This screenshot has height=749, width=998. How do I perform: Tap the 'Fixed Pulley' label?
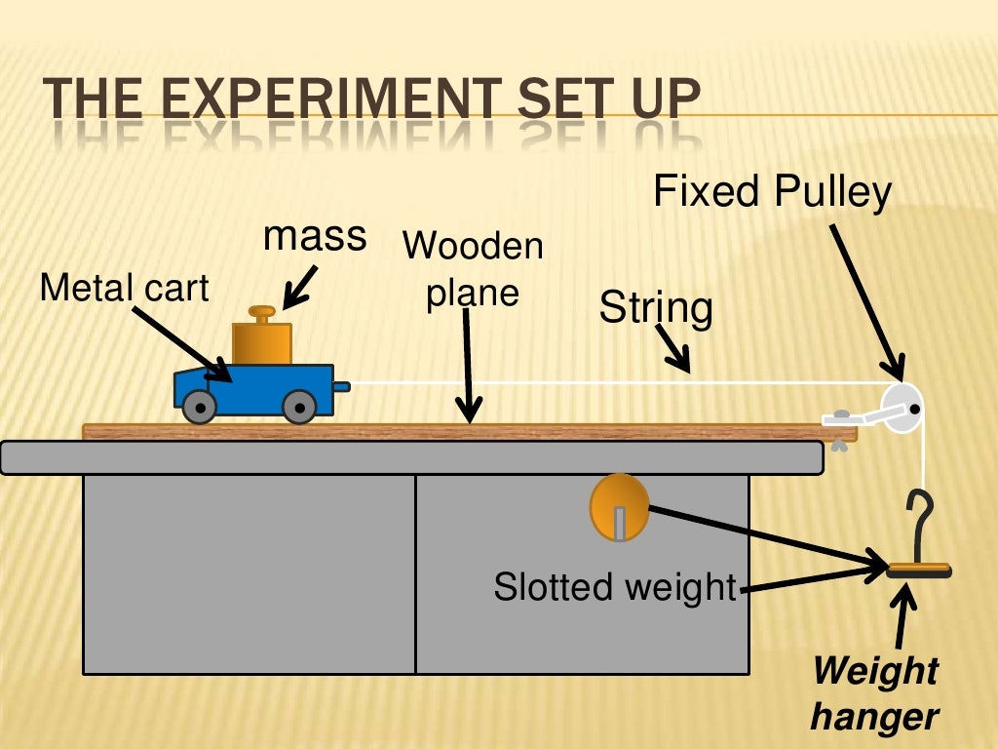click(772, 192)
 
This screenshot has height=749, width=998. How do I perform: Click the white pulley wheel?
click(902, 408)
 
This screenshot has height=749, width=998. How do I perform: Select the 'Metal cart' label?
click(124, 288)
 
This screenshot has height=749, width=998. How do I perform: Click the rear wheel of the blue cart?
click(200, 407)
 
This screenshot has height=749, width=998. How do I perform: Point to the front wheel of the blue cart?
click(299, 407)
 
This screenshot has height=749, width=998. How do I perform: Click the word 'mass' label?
click(315, 236)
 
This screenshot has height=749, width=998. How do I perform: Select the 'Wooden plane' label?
click(473, 269)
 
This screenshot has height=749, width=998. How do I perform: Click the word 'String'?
click(656, 308)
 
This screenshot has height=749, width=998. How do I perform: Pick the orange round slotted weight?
click(619, 507)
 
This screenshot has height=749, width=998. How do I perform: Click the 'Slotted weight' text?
click(614, 587)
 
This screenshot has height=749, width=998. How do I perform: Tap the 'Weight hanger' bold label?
click(874, 693)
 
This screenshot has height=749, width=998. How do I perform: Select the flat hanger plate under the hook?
click(919, 571)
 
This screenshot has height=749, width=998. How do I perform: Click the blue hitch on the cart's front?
click(340, 386)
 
